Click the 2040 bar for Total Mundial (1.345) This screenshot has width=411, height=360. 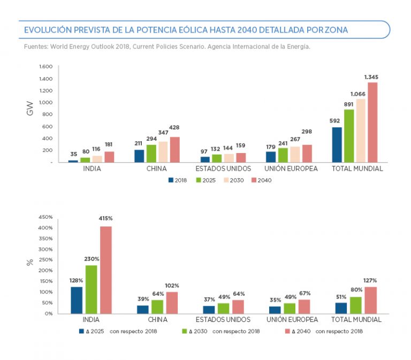[372, 122]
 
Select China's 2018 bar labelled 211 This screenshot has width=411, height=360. [139, 156]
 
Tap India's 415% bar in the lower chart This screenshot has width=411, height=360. [106, 270]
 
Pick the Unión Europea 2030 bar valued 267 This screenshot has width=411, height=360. [295, 154]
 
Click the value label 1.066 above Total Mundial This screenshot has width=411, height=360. [358, 94]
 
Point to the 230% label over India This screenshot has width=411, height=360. [92, 259]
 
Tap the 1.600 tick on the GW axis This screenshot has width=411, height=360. [45, 67]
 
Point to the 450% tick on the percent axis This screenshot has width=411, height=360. [45, 217]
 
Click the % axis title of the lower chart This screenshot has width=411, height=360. [30, 262]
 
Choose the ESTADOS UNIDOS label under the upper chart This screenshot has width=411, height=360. [223, 168]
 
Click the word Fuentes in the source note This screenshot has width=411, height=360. [36, 47]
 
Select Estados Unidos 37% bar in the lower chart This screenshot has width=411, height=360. [209, 310]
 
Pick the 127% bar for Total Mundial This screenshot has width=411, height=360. [371, 300]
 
